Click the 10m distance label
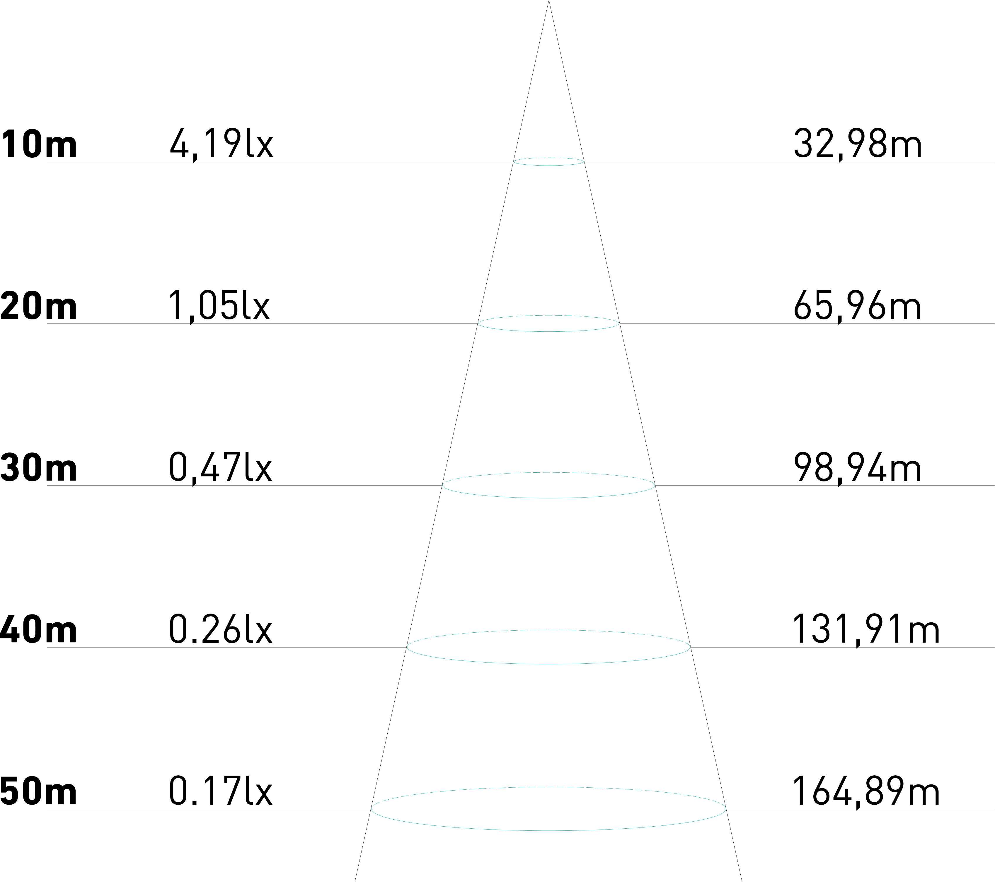pyautogui.click(x=38, y=144)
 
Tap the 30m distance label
pyautogui.click(x=38, y=468)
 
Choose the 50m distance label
pyautogui.click(x=38, y=791)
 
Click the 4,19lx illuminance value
pyautogui.click(x=222, y=144)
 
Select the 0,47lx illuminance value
pyautogui.click(x=221, y=468)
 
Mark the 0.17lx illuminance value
pyautogui.click(x=221, y=791)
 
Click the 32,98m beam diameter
pyautogui.click(x=858, y=144)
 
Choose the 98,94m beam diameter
pyautogui.click(x=858, y=468)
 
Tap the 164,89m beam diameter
pyautogui.click(x=866, y=791)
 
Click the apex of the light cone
pyautogui.click(x=548, y=2)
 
